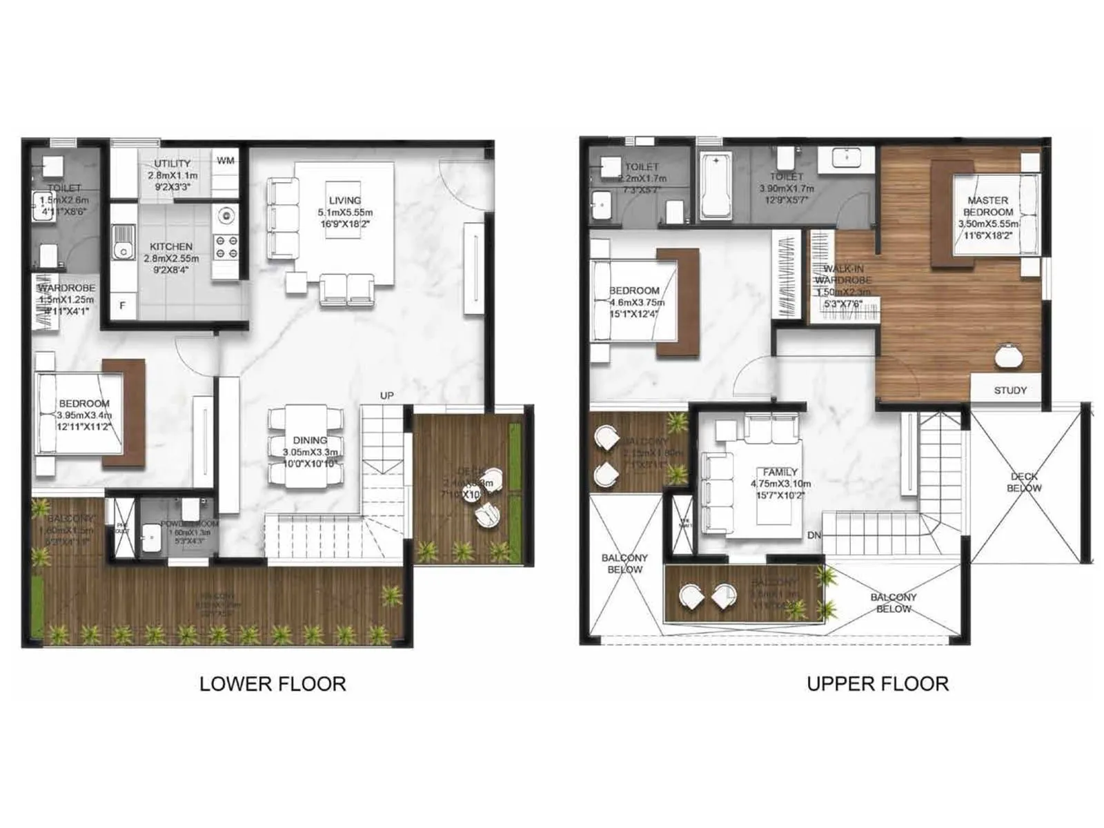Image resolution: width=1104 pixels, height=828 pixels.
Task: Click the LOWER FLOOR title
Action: (273, 684)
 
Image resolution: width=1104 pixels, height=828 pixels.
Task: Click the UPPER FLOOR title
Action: (878, 684)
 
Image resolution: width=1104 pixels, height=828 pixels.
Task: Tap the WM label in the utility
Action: (226, 161)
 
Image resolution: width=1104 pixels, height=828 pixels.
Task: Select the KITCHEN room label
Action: (171, 246)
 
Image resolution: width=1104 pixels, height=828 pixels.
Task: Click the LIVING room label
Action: (344, 201)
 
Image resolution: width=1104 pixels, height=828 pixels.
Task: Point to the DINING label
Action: (310, 440)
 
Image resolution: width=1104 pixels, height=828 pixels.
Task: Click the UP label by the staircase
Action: (386, 395)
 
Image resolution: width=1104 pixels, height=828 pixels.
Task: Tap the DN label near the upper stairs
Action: (814, 535)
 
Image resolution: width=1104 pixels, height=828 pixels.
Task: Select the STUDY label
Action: (1010, 391)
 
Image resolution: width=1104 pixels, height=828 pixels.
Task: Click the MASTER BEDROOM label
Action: (988, 206)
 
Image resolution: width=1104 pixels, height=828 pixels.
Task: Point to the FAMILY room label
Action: (780, 473)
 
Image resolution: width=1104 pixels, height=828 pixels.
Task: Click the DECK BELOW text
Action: (1024, 482)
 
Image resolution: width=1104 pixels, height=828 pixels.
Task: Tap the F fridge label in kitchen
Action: (123, 306)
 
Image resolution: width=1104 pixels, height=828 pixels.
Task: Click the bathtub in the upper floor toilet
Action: (716, 186)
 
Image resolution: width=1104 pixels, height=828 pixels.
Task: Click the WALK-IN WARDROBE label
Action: (842, 275)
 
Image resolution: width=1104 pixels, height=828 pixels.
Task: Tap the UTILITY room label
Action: (172, 164)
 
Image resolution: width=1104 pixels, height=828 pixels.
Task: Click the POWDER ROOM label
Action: (189, 524)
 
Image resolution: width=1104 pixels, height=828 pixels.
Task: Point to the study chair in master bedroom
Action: (1010, 355)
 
